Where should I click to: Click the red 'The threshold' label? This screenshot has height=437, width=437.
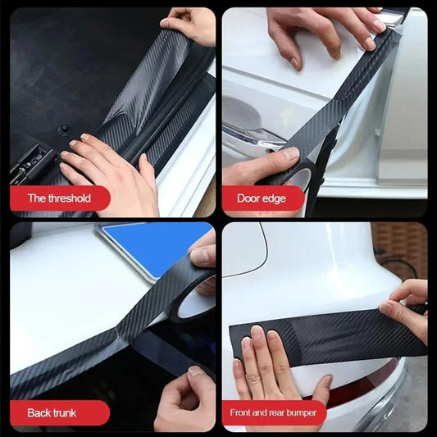tap(59, 198)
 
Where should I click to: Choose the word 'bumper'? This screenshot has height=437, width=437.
tap(300, 412)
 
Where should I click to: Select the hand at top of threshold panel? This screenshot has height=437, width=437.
tap(190, 25)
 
